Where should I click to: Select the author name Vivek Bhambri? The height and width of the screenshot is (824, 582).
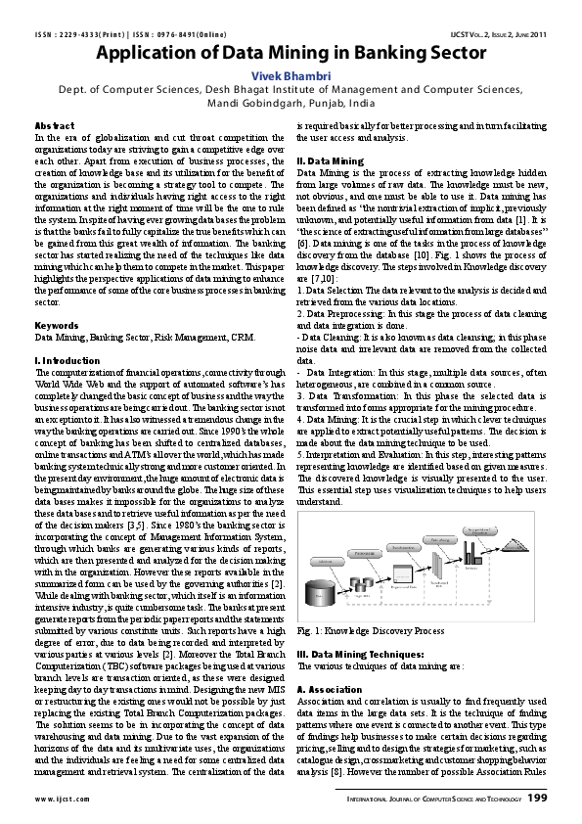(x=291, y=74)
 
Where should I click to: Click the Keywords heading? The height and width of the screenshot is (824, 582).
(x=57, y=324)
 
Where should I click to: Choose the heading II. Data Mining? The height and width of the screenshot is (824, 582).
(x=331, y=160)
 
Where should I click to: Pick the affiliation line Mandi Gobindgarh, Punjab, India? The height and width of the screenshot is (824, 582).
(x=291, y=102)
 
